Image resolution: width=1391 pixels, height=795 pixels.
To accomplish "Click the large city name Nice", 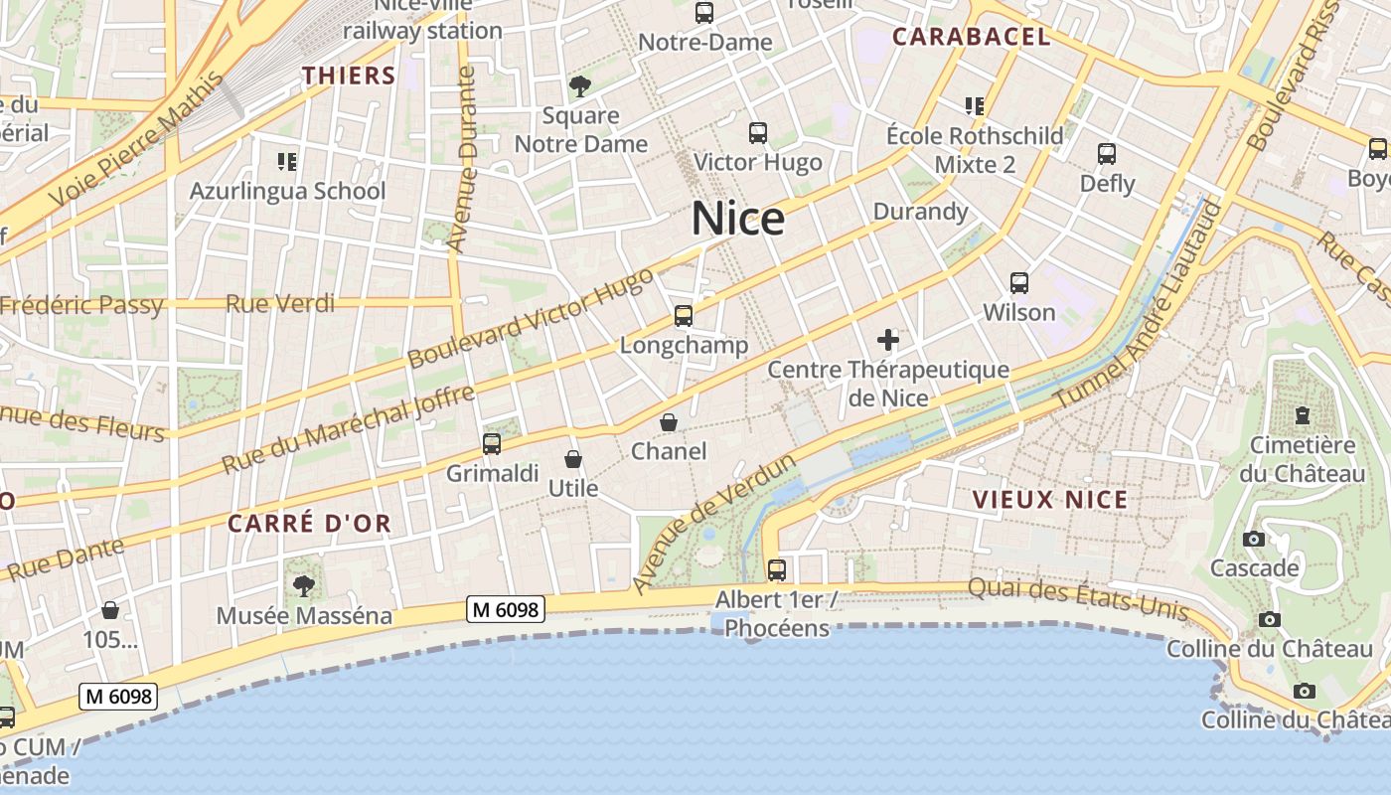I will coord(737,219).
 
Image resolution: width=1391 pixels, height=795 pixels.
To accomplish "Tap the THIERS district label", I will coord(349,76).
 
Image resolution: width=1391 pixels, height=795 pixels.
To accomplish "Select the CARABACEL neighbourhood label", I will coord(970,38).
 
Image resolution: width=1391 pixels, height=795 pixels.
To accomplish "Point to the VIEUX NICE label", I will coord(1050,500).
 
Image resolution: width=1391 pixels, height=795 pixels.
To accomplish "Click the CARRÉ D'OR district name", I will coord(309,524).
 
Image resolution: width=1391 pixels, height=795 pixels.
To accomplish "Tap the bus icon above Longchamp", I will coord(684,316).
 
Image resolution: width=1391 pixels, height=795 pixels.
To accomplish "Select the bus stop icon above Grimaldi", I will coord(492,444).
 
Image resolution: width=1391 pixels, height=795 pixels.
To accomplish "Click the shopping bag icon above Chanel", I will coord(670,423).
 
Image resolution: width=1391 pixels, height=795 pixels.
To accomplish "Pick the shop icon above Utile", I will coord(573,459).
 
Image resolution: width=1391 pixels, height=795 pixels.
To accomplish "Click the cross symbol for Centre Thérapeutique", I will coord(888,341).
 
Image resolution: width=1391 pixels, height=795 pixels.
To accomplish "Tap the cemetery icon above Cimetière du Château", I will coord(1302,415).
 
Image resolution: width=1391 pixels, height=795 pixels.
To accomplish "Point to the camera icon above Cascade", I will coord(1254,539).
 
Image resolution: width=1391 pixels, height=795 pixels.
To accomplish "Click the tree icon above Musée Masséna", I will coord(304,586).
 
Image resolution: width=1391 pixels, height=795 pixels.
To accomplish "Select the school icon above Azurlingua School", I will coord(287,161).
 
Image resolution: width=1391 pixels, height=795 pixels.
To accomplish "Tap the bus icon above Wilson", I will coord(1019,283).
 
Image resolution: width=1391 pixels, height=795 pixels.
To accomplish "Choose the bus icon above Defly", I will coord(1107,154).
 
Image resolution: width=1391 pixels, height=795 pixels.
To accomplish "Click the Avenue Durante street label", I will coord(463,159).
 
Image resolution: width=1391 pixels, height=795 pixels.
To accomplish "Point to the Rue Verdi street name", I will coord(280,303).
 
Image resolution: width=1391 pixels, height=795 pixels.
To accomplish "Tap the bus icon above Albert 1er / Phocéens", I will coord(777,570).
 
